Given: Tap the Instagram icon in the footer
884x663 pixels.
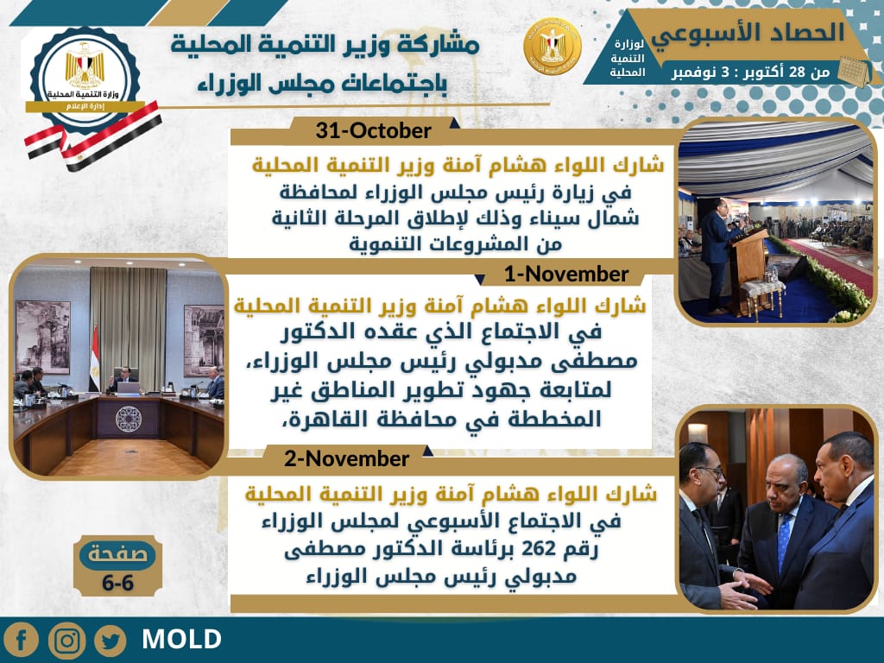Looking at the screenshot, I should click(66, 640).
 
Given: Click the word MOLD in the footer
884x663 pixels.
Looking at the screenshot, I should click(181, 640).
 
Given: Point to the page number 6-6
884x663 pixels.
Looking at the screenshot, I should click(117, 583).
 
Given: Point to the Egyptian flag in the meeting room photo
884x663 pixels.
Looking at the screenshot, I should click(94, 367).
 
